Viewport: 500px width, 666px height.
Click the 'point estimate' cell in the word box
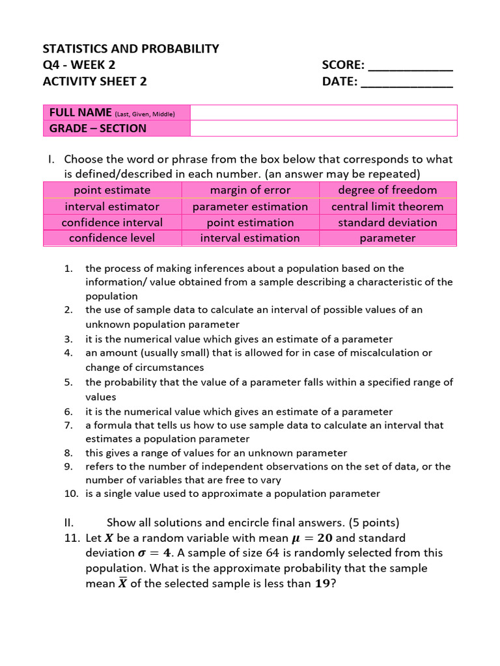(112, 190)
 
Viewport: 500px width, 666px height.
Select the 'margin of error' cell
(250, 190)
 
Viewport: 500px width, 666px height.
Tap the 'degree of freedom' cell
(387, 190)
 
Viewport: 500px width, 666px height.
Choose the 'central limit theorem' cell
(387, 206)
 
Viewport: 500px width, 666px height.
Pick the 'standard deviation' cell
(387, 222)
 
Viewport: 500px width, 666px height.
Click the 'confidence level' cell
(112, 238)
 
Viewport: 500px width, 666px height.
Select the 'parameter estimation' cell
(250, 206)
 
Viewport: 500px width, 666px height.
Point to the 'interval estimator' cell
(112, 206)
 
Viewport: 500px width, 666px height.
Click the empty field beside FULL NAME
(324, 113)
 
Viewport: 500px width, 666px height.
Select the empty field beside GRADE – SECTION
(324, 128)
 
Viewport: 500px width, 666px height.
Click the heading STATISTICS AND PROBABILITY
(131, 49)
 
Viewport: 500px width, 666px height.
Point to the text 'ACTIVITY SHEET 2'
(94, 81)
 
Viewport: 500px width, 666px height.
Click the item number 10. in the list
(71, 494)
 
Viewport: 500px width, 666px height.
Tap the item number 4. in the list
(68, 353)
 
